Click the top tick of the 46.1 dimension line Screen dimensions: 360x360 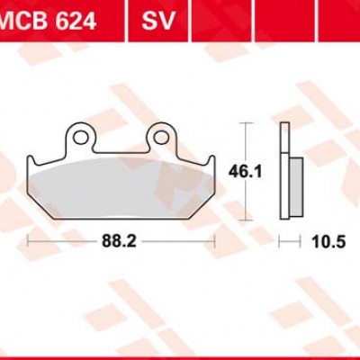tap(246, 122)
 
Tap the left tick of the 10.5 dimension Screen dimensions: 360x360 tap(279, 242)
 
